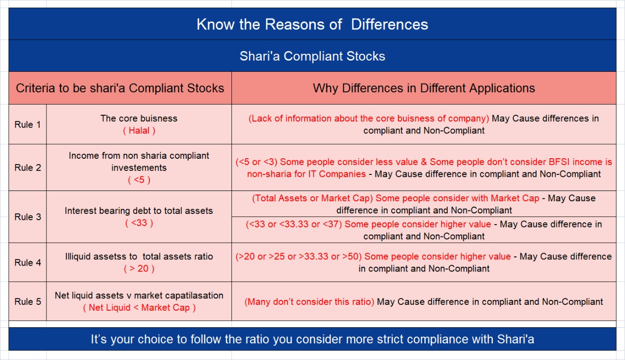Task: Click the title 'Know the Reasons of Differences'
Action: tap(312, 24)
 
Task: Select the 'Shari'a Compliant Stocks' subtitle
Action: tap(312, 56)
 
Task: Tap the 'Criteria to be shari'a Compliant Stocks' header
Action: tap(120, 88)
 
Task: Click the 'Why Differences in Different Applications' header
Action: tap(423, 88)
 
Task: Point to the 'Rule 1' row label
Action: tap(28, 125)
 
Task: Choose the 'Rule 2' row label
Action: tap(28, 168)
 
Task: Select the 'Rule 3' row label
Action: tap(28, 217)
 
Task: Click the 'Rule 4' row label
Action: tap(28, 262)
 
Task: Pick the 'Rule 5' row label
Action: tap(28, 301)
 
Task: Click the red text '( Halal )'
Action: tap(139, 130)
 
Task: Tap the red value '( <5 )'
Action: tap(139, 180)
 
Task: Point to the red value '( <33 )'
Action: tap(139, 223)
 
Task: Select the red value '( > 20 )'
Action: tap(139, 268)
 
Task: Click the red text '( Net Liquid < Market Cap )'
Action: tap(139, 307)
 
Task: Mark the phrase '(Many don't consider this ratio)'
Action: tap(309, 302)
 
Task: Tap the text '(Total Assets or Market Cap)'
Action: tap(312, 198)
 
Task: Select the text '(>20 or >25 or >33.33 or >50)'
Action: tap(299, 256)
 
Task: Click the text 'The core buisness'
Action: tap(139, 118)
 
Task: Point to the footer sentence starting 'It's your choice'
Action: tap(312, 339)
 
